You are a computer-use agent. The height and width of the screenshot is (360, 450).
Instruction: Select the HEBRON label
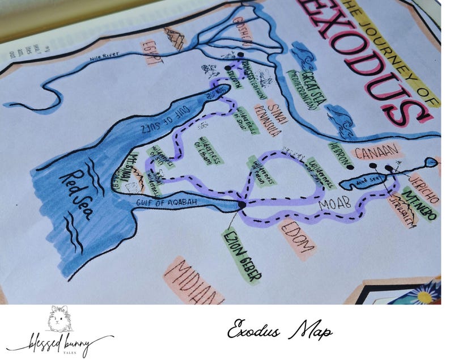(x=339, y=154)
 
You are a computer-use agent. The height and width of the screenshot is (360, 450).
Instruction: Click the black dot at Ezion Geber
(x=241, y=204)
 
